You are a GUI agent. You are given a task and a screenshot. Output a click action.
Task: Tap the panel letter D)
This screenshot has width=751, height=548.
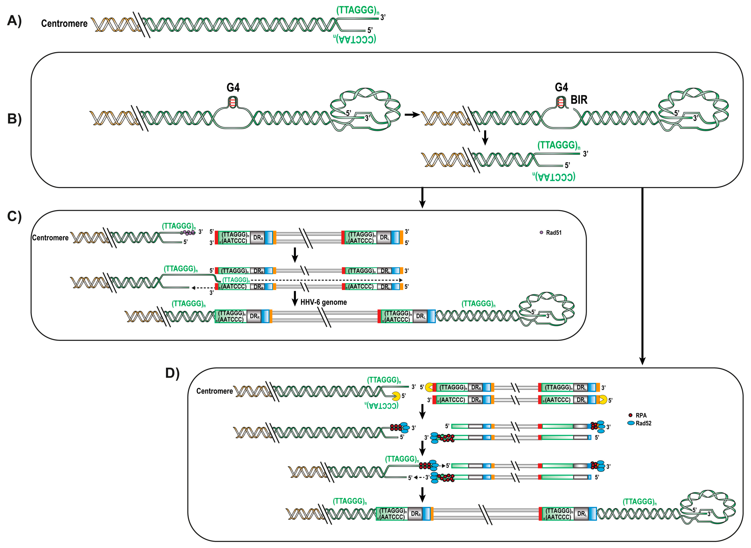pos(172,373)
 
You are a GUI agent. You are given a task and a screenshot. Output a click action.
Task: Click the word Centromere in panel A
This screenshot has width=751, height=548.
pos(64,24)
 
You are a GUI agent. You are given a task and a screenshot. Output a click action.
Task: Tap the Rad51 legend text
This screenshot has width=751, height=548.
pos(554,233)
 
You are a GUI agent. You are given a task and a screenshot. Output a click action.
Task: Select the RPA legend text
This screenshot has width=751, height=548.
pos(641,415)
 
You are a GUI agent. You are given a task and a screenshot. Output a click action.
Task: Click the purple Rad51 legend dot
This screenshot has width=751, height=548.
pos(541,233)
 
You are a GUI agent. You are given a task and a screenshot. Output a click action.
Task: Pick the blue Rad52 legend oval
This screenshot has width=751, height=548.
pos(631,423)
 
